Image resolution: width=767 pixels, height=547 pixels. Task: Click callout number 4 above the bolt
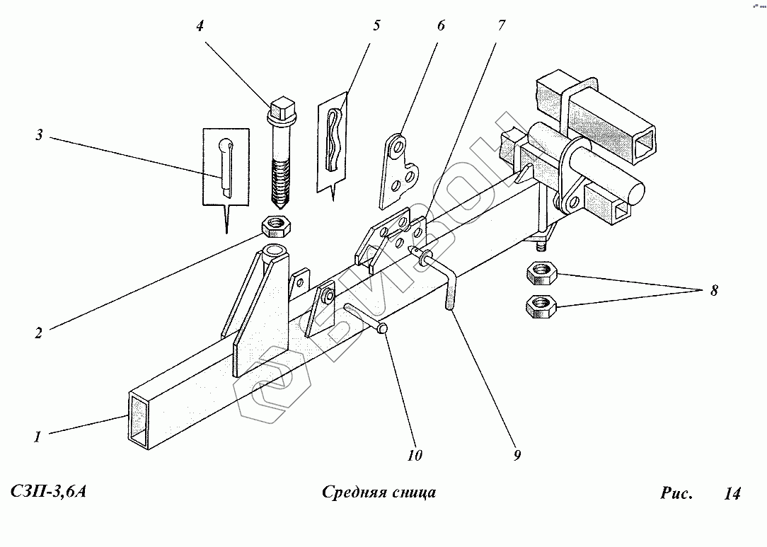point(200,26)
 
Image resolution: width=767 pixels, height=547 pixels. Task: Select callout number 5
point(376,25)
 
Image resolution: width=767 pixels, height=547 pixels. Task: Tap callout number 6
point(441,25)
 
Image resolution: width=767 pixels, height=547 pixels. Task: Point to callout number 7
point(502,25)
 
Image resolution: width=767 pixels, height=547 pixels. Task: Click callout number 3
point(39,134)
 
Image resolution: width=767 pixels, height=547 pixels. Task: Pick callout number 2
point(39,333)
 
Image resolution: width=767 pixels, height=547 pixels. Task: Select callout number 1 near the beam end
point(38,437)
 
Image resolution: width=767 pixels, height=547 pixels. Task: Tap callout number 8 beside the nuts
point(714,291)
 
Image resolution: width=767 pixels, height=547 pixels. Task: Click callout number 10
point(415,456)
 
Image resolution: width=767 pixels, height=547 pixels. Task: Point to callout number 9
point(517,456)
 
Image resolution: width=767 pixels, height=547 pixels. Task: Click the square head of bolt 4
point(283,108)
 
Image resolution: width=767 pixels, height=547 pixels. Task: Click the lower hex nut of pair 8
point(541,306)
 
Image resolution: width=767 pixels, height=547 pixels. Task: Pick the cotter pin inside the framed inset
point(226,166)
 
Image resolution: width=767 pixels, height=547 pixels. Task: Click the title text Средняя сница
point(379,493)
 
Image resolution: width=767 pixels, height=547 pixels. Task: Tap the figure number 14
point(732,493)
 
